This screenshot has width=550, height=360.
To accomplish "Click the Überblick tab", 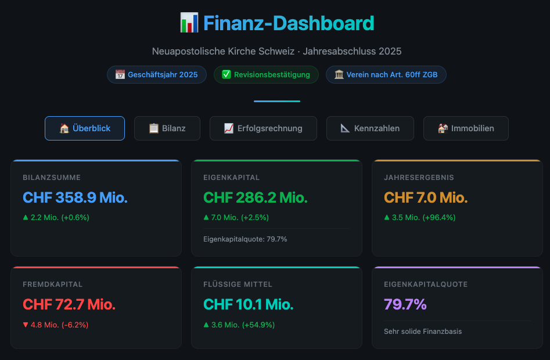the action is [85, 128].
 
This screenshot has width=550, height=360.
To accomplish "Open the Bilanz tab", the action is [167, 128].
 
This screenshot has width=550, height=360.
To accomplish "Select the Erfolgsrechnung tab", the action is [263, 128].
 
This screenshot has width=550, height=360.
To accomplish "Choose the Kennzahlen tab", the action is [370, 128].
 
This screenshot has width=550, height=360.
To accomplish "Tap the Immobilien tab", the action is [466, 128].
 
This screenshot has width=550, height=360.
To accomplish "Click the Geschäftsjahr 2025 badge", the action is [157, 75].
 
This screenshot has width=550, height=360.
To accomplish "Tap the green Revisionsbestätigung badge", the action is [266, 75].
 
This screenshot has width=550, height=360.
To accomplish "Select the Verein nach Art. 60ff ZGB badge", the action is [386, 75].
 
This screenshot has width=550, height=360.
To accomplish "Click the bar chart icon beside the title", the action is [189, 23].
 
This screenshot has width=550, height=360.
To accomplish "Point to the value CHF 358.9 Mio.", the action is [75, 197].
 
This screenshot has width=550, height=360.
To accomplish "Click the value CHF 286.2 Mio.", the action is [256, 197].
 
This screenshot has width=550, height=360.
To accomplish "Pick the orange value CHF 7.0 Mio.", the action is [426, 197].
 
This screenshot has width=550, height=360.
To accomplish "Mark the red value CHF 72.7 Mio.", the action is [69, 305].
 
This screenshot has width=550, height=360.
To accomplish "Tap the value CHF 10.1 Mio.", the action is [249, 305].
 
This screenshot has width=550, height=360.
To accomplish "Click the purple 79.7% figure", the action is [405, 305].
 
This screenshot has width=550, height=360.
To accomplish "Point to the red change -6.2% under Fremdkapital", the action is [75, 325].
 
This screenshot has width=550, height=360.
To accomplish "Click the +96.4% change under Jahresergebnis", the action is [439, 218].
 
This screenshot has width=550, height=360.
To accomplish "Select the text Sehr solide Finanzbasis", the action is [423, 332].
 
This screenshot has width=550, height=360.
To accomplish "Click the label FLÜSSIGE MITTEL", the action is [238, 285].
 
